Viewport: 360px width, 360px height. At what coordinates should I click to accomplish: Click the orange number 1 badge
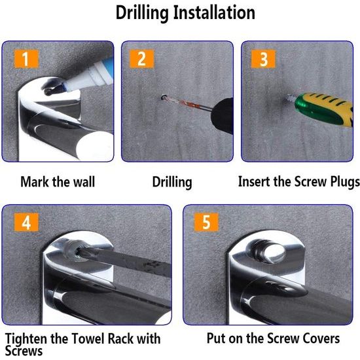[x=26, y=59]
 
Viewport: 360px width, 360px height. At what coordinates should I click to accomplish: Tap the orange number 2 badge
[x=141, y=59]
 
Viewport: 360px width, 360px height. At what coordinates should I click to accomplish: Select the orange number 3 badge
[x=263, y=59]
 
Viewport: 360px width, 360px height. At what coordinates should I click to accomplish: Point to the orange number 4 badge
[x=26, y=222]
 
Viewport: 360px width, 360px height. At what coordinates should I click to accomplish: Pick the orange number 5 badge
[x=206, y=222]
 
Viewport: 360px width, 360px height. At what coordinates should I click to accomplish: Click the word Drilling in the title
[x=142, y=13]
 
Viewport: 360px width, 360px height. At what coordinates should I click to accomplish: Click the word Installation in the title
[x=214, y=12]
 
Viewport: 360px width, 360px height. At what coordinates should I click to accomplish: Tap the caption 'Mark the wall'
[x=58, y=181]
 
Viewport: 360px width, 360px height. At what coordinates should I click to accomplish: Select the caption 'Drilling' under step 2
[x=172, y=183]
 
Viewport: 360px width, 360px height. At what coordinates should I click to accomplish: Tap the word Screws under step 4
[x=24, y=351]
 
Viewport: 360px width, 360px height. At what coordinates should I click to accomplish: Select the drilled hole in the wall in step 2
[x=164, y=98]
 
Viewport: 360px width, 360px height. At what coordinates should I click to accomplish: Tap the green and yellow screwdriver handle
[x=325, y=109]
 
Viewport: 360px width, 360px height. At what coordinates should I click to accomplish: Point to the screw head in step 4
[x=79, y=254]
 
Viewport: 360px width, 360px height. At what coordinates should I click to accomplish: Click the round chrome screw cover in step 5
[x=268, y=253]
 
